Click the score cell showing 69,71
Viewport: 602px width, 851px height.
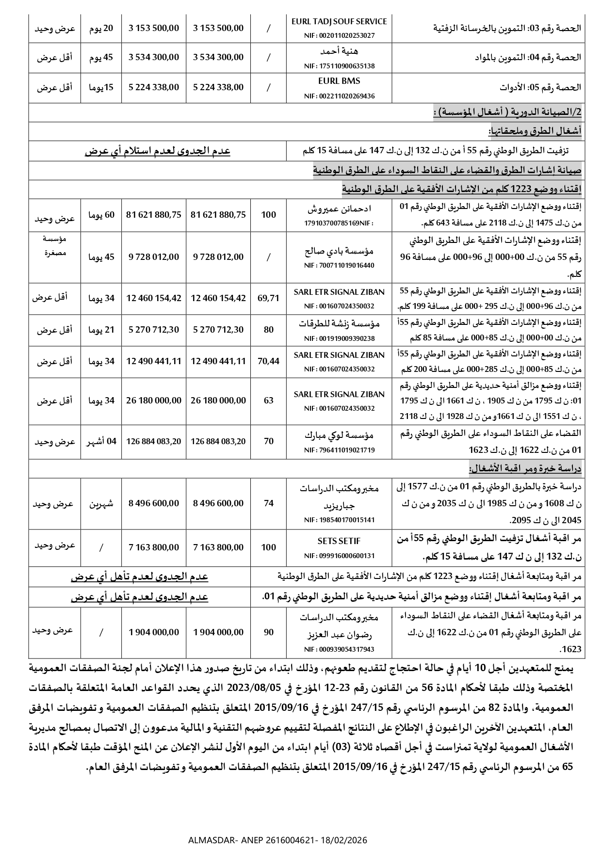coord(268,298)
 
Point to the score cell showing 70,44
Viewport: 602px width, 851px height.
coord(268,361)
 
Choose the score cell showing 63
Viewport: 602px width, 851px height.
coord(268,401)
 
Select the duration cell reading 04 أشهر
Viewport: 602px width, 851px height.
coord(101,441)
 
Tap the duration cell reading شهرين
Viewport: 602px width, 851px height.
coord(101,503)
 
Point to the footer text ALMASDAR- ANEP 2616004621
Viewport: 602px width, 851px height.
coord(277,839)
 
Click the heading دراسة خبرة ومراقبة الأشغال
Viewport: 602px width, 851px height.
coord(525,469)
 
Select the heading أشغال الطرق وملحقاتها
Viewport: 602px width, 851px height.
coord(535,131)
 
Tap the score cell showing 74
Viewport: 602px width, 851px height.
coord(268,503)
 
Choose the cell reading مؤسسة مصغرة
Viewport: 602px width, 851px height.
coord(54,246)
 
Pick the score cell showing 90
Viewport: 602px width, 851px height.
coord(268,632)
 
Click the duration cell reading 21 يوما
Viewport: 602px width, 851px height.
coord(101,330)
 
